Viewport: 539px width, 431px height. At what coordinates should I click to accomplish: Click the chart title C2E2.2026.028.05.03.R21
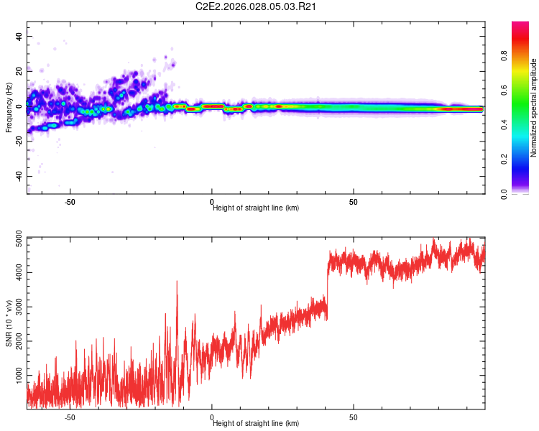(257, 6)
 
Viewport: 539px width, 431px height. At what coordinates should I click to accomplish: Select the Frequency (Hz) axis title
(9, 107)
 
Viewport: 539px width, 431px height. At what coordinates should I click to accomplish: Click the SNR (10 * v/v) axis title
(9, 323)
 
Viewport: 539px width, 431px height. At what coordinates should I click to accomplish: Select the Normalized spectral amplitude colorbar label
(533, 108)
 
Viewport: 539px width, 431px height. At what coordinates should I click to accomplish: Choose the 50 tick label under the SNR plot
(354, 417)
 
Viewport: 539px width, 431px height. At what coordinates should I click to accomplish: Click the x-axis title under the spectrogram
(256, 208)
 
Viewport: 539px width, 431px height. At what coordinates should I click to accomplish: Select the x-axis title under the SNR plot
(256, 423)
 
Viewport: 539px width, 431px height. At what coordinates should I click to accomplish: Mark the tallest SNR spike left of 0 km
(177, 282)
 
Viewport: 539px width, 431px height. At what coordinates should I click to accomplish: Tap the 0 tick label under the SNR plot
(212, 417)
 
